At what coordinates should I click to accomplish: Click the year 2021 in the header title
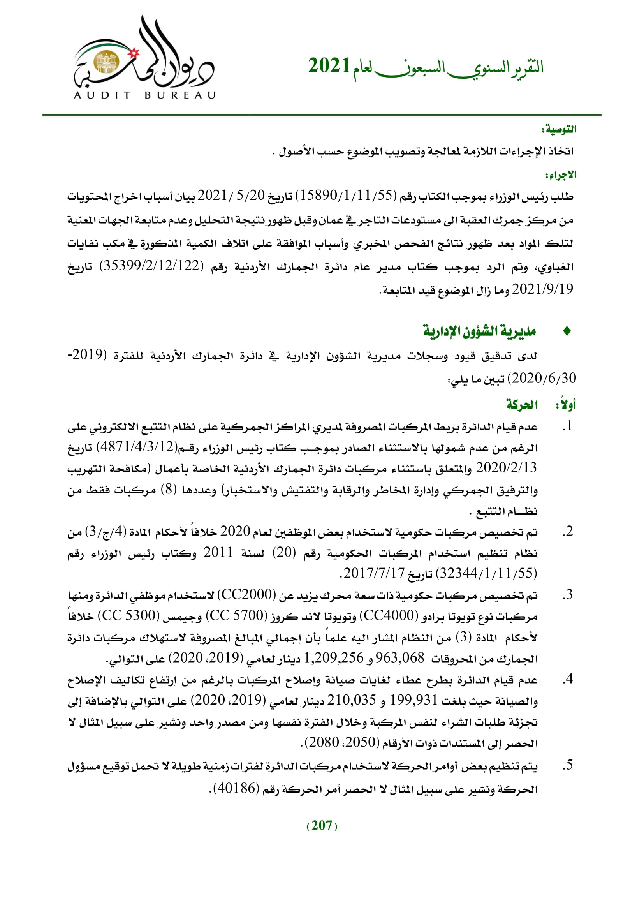tap(329, 66)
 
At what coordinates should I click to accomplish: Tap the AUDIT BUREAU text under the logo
tap(144, 95)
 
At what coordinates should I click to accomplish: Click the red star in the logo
tap(134, 52)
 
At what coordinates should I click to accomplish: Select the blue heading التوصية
tap(559, 130)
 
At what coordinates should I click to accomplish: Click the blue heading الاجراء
tap(561, 175)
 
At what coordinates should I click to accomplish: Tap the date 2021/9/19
tap(542, 289)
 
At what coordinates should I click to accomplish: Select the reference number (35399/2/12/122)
tap(151, 266)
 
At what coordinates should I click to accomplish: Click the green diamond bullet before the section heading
tap(567, 331)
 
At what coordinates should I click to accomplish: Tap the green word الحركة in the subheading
tap(522, 405)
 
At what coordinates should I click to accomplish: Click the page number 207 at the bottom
tap(322, 826)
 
